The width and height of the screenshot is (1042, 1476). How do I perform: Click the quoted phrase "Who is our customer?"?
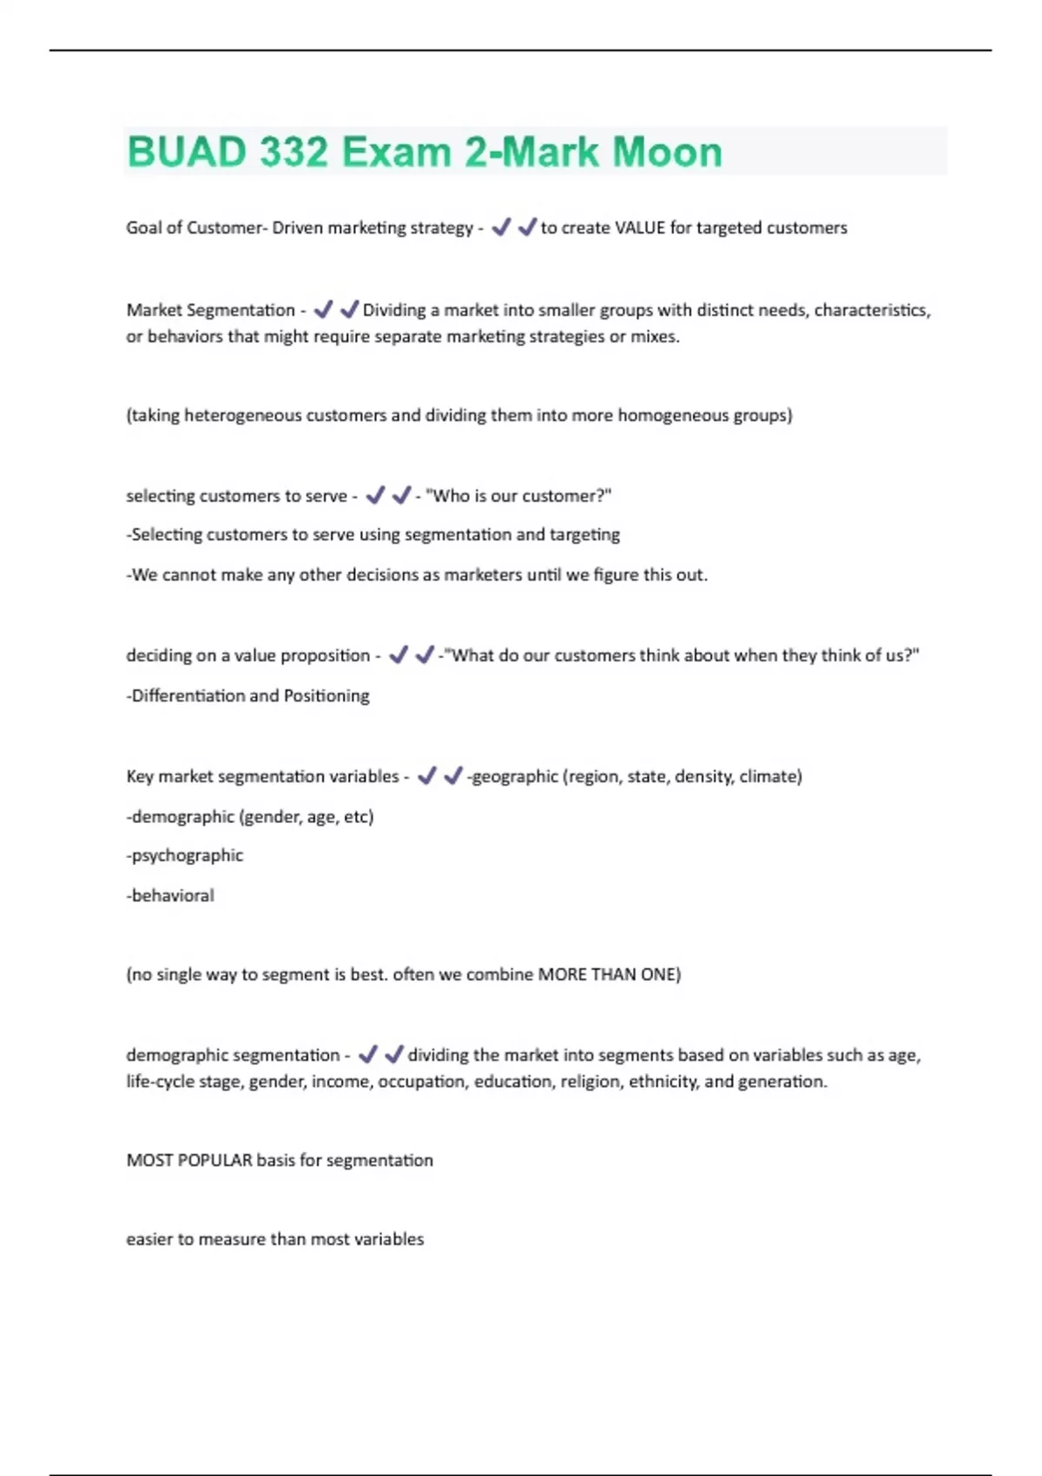(x=518, y=496)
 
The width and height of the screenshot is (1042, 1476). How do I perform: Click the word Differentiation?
(x=188, y=695)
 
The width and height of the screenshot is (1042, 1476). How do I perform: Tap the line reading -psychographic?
(x=185, y=855)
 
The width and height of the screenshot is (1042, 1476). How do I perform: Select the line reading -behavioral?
(x=170, y=895)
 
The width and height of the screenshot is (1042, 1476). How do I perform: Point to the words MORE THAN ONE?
(x=607, y=974)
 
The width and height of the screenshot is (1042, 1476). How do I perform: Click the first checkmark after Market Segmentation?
(x=323, y=309)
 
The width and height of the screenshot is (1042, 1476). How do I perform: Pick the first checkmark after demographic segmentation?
(x=368, y=1054)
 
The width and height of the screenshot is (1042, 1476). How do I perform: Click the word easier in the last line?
(x=148, y=1239)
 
